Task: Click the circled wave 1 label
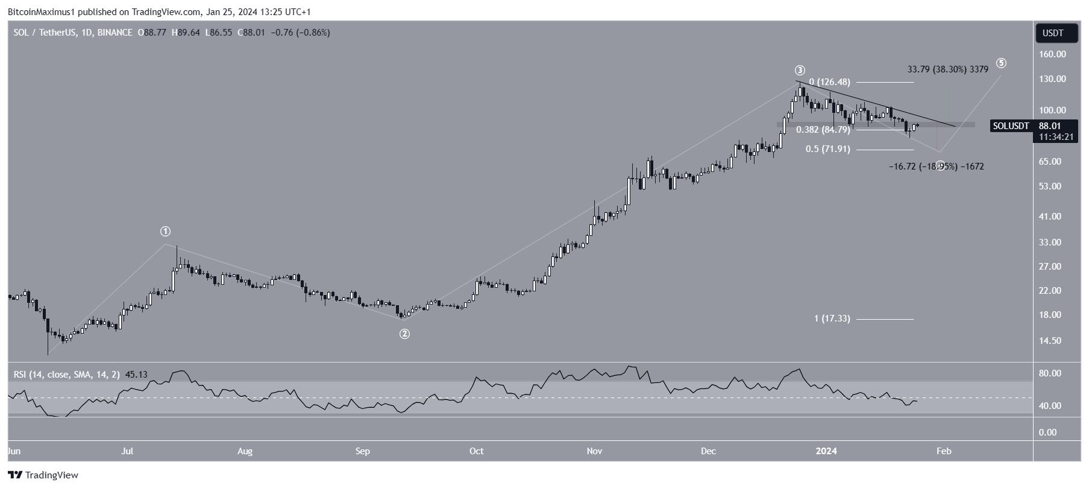(165, 232)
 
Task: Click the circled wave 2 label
(405, 334)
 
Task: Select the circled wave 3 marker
(800, 71)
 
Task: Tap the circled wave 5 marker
(1001, 63)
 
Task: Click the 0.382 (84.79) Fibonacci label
(823, 130)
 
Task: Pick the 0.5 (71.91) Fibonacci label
(828, 149)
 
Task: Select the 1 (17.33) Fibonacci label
(832, 318)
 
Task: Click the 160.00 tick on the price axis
(1053, 54)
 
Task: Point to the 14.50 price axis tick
(1053, 341)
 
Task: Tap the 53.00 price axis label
(1053, 186)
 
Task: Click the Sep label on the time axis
(363, 451)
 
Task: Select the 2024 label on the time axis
(826, 451)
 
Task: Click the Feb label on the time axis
(944, 451)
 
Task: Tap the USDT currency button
(1057, 33)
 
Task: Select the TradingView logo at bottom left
(43, 475)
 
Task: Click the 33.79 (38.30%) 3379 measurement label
(947, 69)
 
